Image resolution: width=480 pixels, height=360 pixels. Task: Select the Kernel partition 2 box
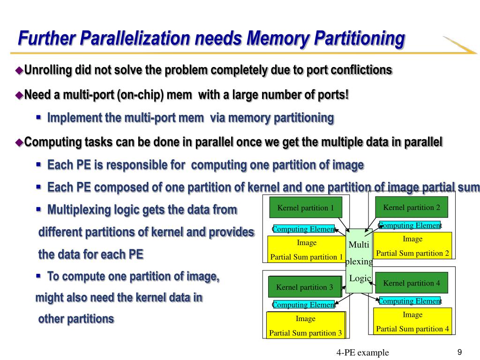(412, 207)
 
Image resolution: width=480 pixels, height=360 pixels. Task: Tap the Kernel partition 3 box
(305, 287)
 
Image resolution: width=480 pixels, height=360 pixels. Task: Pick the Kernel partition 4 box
(412, 283)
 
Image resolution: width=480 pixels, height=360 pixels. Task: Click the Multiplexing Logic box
(359, 261)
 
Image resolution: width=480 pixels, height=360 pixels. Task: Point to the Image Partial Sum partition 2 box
(412, 246)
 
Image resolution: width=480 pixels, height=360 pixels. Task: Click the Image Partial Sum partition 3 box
(306, 325)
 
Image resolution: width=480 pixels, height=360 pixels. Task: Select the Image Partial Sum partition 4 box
(412, 321)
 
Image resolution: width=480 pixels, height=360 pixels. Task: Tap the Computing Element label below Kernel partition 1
(304, 229)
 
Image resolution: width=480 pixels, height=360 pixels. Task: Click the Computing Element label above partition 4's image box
(410, 301)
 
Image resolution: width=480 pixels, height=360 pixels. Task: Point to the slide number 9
(459, 352)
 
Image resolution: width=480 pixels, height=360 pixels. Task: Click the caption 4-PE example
(362, 352)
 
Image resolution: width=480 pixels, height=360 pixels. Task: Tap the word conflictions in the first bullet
(361, 70)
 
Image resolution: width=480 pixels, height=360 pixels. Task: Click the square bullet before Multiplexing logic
(39, 209)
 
